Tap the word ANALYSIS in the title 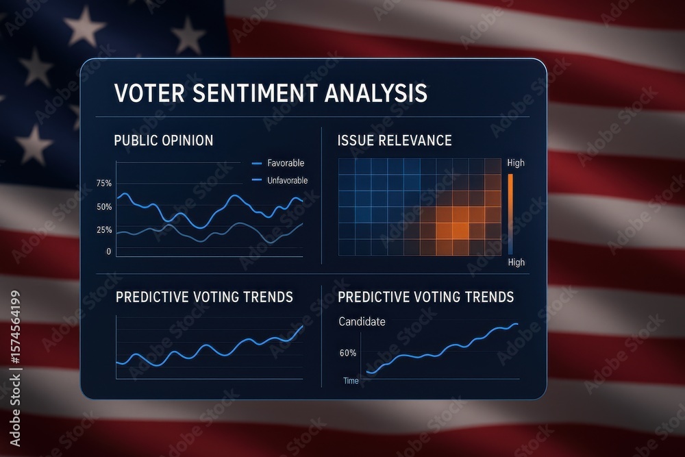374,93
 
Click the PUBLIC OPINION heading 163,140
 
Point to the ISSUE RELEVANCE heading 395,140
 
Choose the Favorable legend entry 285,163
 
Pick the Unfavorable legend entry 287,180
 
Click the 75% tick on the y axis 104,184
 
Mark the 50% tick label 104,207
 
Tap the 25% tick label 104,230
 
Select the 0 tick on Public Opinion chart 108,251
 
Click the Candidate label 362,321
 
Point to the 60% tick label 348,354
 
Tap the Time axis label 351,380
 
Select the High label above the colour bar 516,163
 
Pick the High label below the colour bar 516,262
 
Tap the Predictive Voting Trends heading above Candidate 425,297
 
